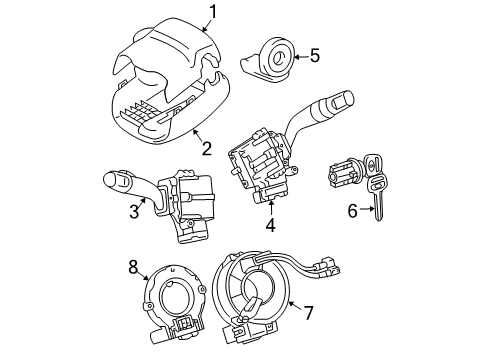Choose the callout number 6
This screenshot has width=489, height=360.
click(x=351, y=211)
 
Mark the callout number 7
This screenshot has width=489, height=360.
click(x=308, y=313)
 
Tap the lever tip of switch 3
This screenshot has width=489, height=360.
click(x=113, y=181)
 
